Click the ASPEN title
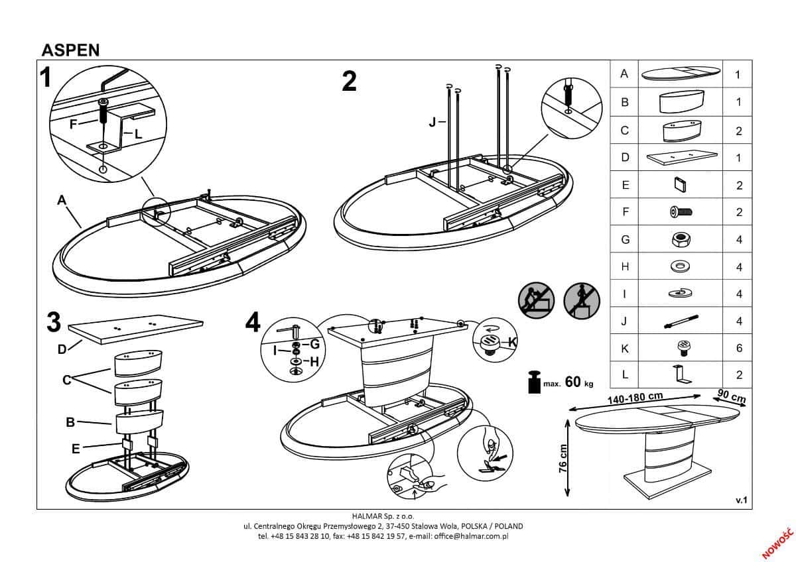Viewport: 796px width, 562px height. tap(70, 51)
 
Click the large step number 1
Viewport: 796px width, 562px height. tap(45, 78)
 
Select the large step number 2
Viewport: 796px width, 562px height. tap(349, 82)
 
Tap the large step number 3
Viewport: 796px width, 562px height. tap(54, 322)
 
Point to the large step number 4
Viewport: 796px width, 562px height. tap(253, 323)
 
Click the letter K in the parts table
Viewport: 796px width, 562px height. tap(624, 348)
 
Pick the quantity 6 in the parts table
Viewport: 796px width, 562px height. tap(739, 348)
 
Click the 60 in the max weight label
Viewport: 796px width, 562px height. tap(574, 382)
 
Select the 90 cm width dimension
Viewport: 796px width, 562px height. tap(732, 397)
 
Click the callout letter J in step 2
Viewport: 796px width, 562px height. tap(432, 122)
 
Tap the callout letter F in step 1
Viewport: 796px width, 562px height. tap(73, 122)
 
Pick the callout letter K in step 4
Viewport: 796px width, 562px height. tap(511, 341)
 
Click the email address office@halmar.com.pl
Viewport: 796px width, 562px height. tap(472, 535)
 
